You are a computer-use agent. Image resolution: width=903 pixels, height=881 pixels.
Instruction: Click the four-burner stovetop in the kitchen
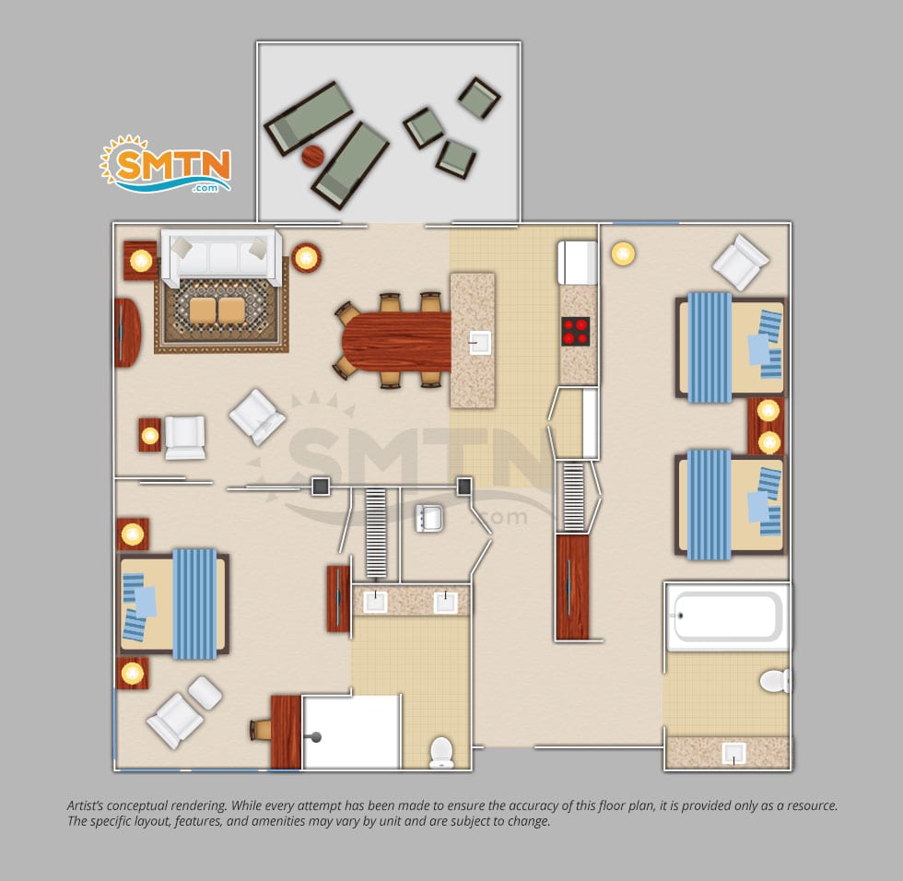tap(575, 331)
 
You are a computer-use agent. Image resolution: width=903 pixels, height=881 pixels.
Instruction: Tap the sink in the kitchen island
tap(479, 343)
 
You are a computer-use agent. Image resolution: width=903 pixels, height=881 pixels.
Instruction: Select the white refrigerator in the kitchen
tap(577, 263)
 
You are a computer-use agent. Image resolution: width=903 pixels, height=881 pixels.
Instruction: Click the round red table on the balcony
tap(313, 156)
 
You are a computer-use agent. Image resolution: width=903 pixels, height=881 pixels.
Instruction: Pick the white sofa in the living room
tap(222, 256)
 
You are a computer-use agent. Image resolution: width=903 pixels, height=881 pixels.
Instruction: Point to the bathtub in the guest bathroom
tap(727, 617)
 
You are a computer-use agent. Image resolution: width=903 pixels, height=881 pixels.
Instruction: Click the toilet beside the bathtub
tap(775, 681)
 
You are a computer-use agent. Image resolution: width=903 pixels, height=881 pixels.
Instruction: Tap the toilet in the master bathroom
tap(441, 753)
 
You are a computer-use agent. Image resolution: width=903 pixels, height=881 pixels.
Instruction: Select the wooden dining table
tap(396, 341)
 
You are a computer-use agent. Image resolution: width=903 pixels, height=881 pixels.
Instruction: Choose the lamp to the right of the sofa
tap(306, 257)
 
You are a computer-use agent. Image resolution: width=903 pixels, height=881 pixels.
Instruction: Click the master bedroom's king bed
tap(173, 604)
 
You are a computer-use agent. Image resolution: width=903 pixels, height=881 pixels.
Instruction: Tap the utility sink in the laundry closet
tap(429, 518)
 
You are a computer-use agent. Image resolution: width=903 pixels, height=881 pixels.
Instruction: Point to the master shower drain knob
tap(315, 736)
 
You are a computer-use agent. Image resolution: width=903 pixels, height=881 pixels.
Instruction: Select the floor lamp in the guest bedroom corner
tap(623, 253)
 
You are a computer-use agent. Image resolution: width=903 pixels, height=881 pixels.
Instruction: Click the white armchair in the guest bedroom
tap(741, 262)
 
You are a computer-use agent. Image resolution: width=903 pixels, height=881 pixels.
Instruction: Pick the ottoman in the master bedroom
tap(205, 692)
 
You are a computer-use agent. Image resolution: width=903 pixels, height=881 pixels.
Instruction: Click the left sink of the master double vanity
tap(376, 602)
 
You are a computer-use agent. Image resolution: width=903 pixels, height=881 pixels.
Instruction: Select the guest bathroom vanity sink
tap(733, 753)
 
